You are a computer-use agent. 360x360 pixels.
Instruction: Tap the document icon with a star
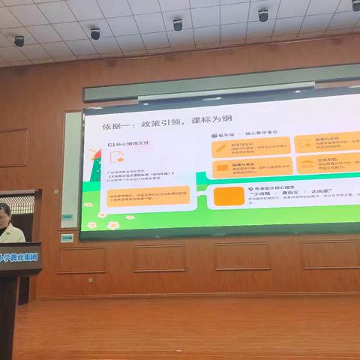tap(118, 157)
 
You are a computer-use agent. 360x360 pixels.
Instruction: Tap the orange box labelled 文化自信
tap(328, 163)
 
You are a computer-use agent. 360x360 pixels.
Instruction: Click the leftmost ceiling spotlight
tap(19, 40)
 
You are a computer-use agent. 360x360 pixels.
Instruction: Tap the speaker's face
tap(4, 214)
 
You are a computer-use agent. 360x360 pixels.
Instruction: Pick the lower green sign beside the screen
tap(67, 238)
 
